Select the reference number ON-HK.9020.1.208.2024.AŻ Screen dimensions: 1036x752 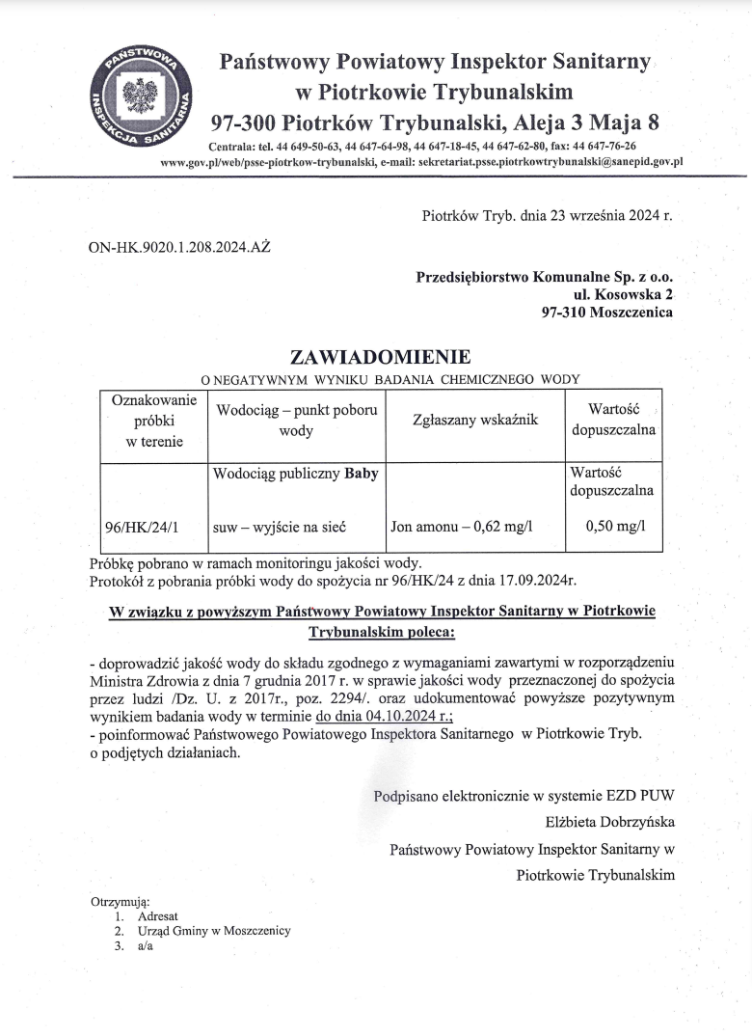tap(180, 248)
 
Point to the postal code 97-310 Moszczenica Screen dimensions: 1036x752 tap(607, 312)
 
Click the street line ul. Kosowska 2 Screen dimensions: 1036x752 tap(624, 294)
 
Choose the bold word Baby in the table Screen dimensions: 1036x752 tap(362, 474)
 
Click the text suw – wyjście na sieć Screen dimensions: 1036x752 tap(279, 527)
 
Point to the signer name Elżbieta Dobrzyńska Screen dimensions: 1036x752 tap(610, 822)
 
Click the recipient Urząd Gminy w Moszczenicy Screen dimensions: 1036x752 tap(214, 931)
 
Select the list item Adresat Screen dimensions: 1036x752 tap(158, 915)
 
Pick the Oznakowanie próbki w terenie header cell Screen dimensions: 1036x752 tap(148, 421)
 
